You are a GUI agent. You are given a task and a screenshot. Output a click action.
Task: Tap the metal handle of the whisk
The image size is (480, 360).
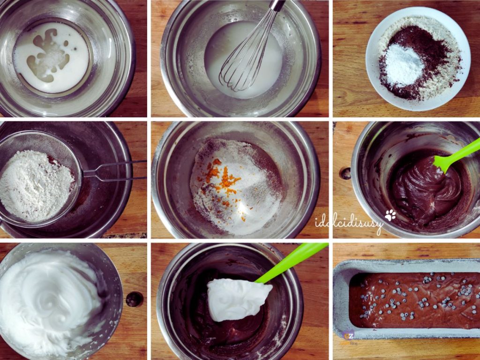click(277, 6)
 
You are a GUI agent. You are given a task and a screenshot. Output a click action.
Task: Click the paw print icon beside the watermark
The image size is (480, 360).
click(390, 215)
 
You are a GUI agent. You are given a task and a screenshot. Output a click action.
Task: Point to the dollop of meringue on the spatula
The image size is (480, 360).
click(237, 298)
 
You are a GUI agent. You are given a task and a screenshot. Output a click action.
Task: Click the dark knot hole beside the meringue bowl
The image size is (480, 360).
click(135, 299)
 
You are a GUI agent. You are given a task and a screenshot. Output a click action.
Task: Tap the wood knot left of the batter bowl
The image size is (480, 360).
click(345, 173)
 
